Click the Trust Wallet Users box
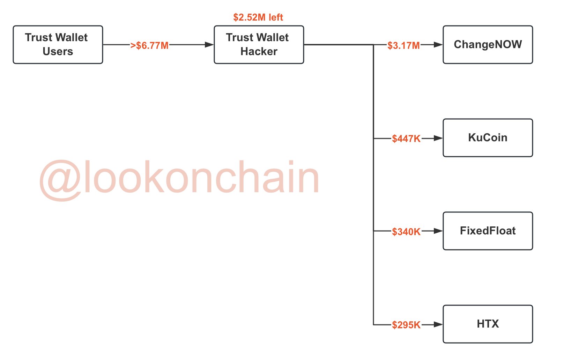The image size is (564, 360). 58,45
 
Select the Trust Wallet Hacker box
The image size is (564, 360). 259,45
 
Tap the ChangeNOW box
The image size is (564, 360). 488,45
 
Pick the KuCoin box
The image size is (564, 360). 488,138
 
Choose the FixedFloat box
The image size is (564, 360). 488,231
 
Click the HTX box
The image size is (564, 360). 488,324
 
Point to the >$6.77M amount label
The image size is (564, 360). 149,46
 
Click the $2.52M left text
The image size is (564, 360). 258,17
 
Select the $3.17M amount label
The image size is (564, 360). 403,46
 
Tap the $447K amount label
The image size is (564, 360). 406,139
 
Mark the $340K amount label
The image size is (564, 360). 406,232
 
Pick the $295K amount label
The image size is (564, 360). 406,325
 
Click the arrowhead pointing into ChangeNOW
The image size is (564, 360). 438,45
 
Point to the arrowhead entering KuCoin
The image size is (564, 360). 438,138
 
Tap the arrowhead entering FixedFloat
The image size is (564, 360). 438,231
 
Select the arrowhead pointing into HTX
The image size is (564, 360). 438,324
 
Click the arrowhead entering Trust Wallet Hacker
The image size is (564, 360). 209,45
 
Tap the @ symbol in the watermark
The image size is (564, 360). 60,180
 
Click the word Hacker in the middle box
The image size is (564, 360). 259,52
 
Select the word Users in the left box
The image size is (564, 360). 58,52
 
